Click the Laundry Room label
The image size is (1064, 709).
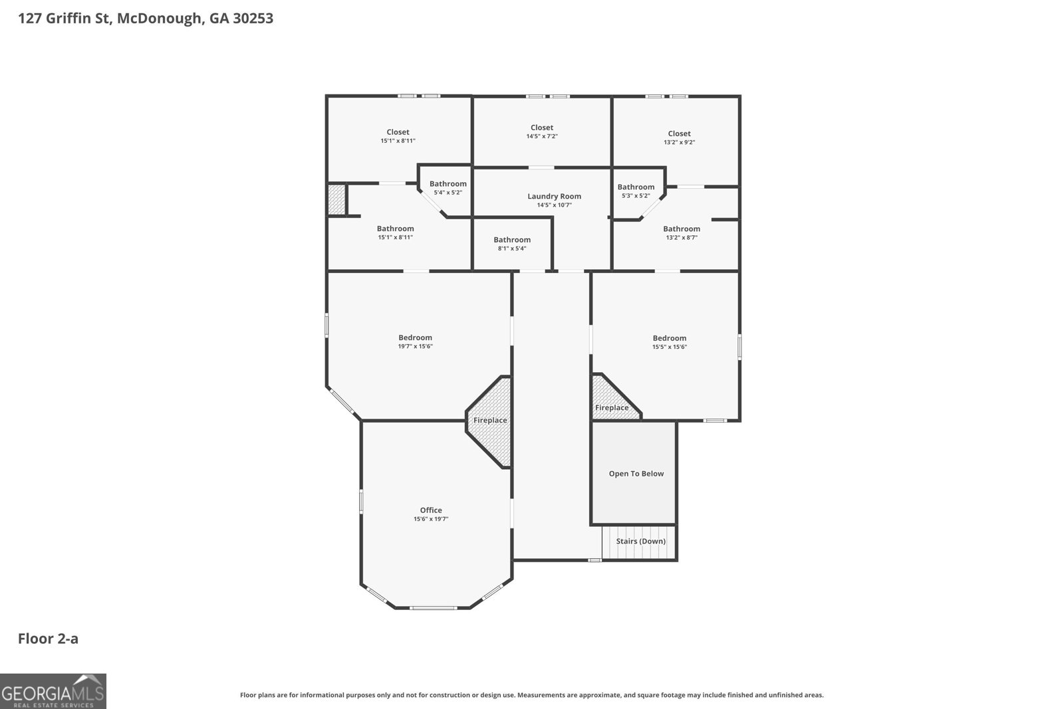pos(554,196)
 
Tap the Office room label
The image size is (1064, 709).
pos(431,510)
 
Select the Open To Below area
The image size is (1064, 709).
pos(636,474)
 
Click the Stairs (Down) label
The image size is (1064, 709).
pos(640,541)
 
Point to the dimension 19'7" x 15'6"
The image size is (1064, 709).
pos(415,346)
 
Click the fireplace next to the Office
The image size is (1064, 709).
pos(490,421)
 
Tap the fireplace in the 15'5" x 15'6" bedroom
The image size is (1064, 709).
pos(611,407)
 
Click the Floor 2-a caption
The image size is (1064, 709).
pos(48,639)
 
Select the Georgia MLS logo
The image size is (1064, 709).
pos(53,691)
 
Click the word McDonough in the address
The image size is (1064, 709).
pos(160,18)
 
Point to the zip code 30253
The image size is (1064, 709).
pos(253,18)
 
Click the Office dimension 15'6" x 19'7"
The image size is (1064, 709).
pos(431,519)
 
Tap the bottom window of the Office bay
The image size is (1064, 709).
pos(433,607)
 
